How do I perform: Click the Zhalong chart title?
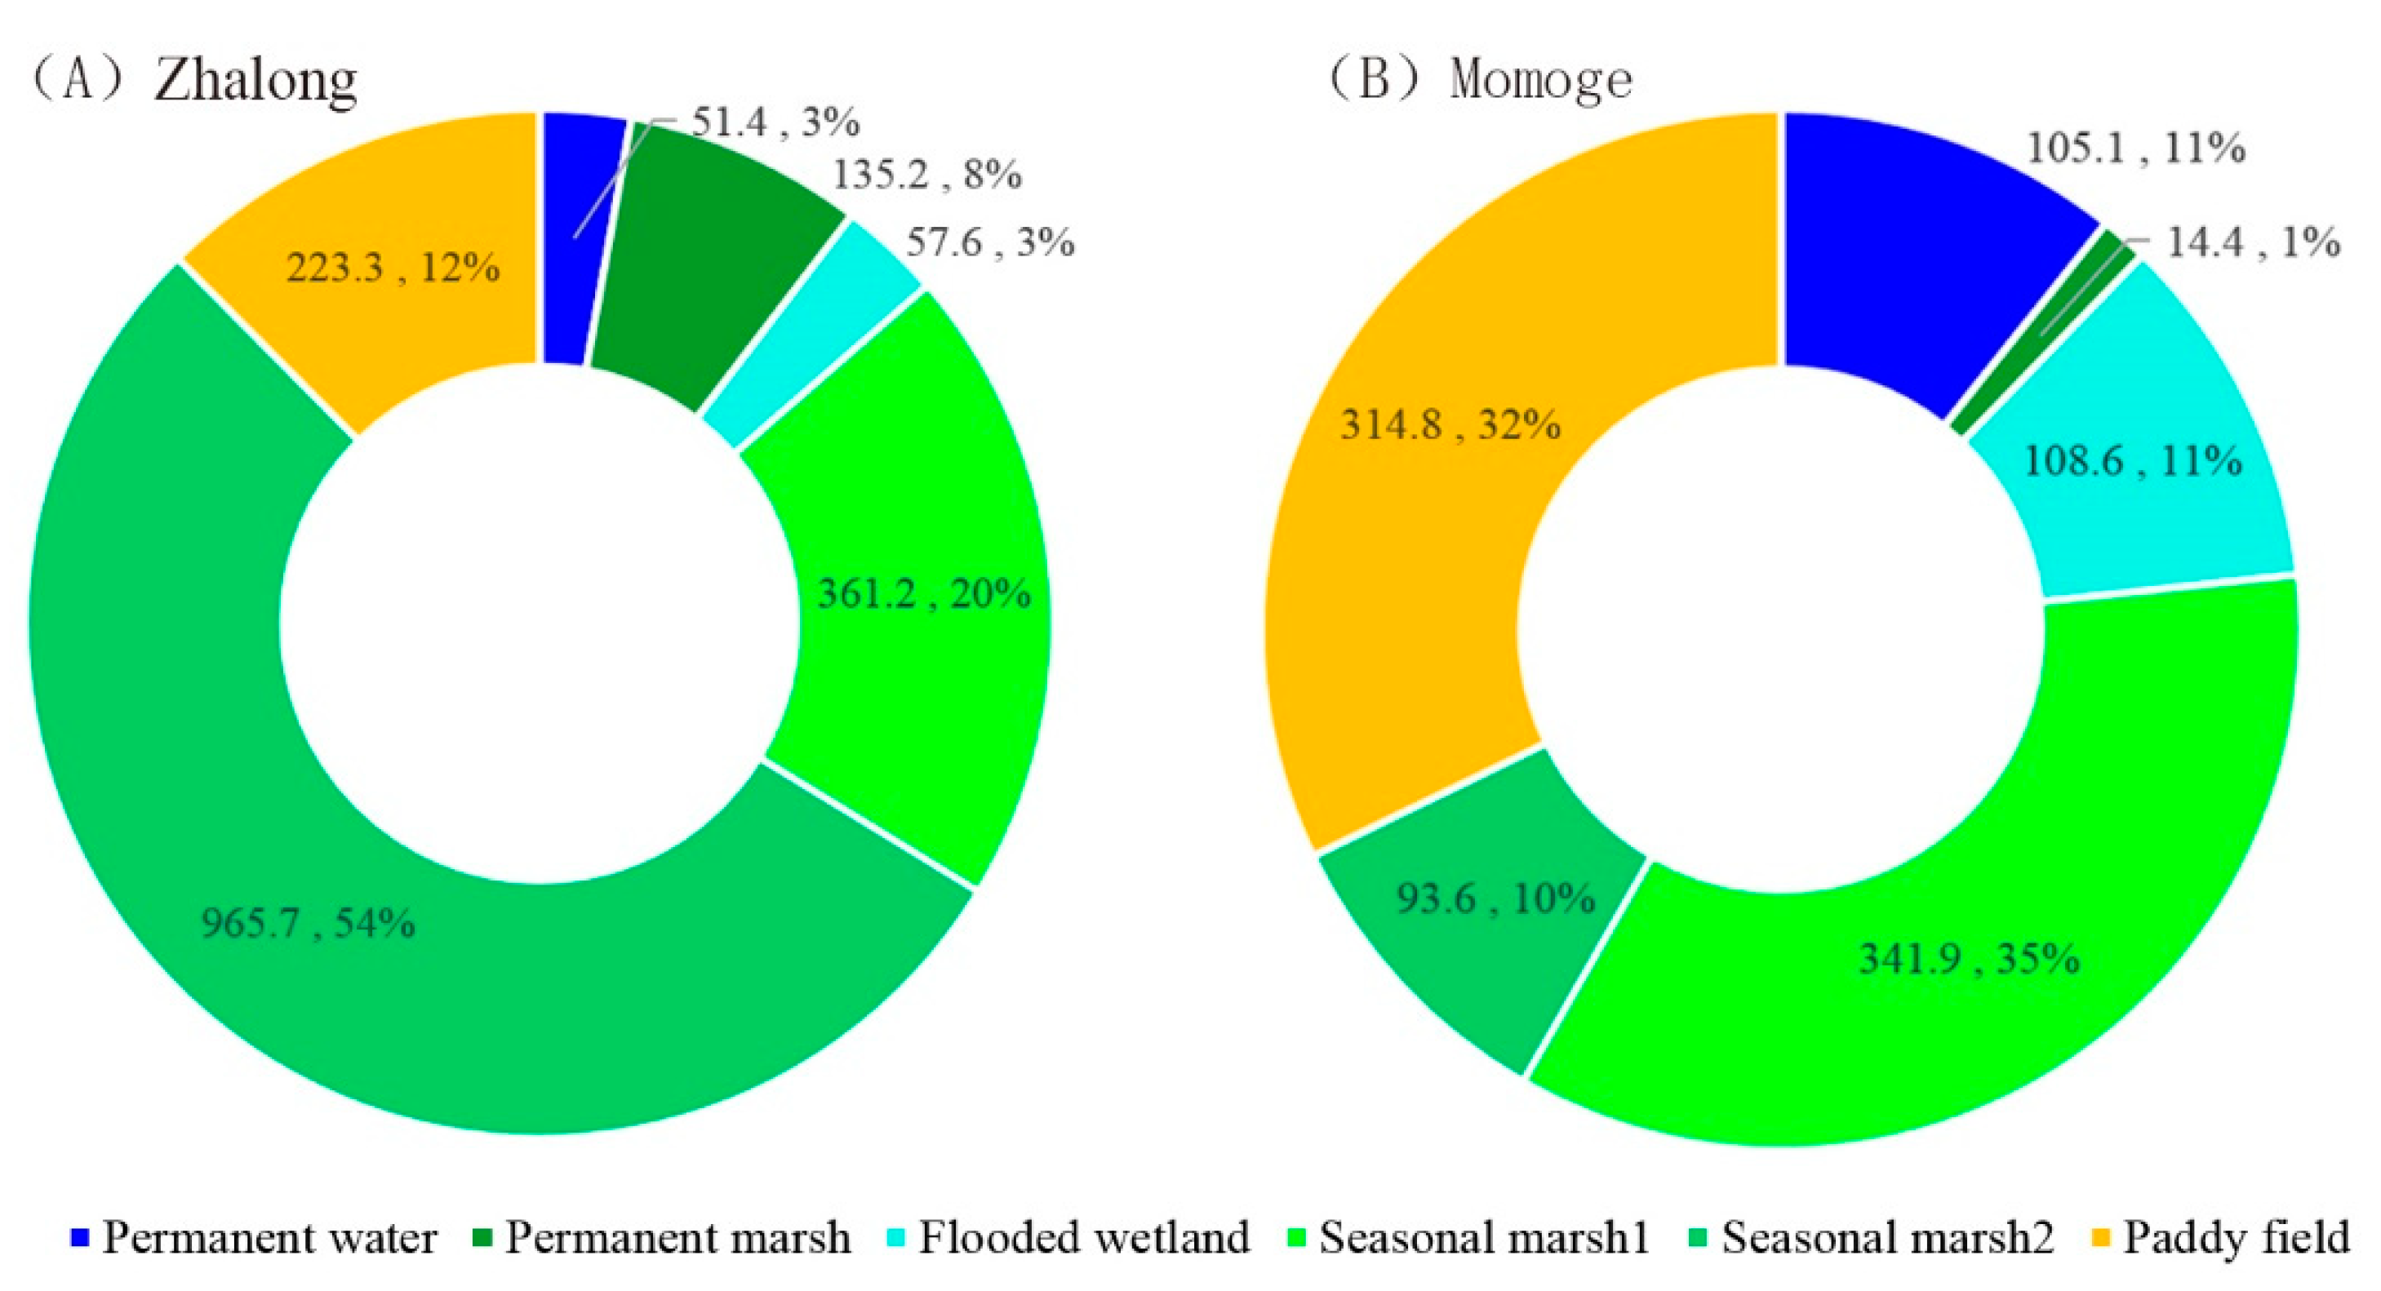pos(194,81)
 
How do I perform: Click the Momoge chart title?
pos(1479,81)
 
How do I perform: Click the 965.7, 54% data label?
pos(308,923)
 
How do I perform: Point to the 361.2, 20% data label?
pos(923,593)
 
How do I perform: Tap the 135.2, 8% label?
pos(927,175)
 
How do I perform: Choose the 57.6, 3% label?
pos(990,243)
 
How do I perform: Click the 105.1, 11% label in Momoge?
pos(2135,149)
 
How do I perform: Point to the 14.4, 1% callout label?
pos(2253,243)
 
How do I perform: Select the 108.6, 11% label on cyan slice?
pos(2132,461)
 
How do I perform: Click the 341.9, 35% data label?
pos(1969,959)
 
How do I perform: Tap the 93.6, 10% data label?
pos(1495,898)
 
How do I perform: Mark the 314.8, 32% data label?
pos(1450,425)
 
